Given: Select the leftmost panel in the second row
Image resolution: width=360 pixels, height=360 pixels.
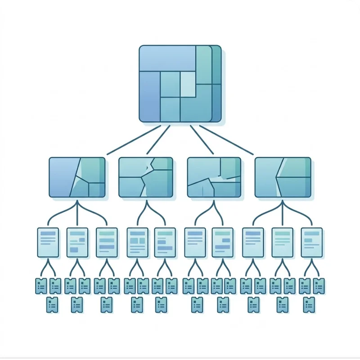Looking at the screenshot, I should tap(77, 177).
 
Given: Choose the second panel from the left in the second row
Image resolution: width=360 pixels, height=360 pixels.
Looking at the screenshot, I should tap(145, 177).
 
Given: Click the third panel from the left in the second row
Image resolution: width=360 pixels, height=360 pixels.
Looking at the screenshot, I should tap(214, 177).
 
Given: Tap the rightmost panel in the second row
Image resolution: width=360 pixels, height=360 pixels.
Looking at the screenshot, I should tap(283, 177).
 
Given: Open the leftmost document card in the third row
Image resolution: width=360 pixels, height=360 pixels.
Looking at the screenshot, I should tap(48, 243).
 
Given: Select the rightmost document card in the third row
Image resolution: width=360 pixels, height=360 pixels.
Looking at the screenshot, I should tap(311, 243).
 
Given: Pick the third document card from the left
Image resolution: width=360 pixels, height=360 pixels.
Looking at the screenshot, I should tap(107, 243).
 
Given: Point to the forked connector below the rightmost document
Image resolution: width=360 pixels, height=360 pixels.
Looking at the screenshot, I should tap(311, 269).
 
